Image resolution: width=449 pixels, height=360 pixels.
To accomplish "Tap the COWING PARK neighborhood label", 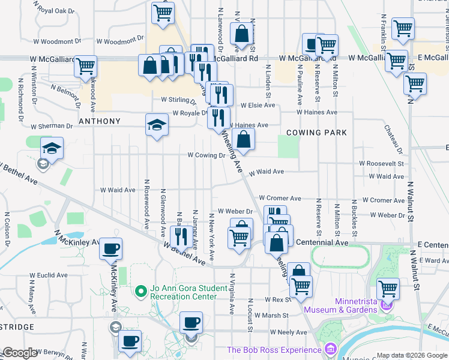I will [x=316, y=132].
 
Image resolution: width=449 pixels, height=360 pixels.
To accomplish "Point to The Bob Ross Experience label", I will [x=273, y=350].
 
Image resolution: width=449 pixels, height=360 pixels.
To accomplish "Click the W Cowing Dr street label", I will [x=206, y=155].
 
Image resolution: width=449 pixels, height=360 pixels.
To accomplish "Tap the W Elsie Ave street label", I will [x=258, y=105].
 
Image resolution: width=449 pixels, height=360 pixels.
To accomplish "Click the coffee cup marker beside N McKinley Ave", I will [x=110, y=248].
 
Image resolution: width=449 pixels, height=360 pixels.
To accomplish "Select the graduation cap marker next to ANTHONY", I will [x=157, y=125].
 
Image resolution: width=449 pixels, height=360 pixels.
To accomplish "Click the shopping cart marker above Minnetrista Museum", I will [x=388, y=289].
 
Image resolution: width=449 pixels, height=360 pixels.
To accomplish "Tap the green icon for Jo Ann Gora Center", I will [x=141, y=292].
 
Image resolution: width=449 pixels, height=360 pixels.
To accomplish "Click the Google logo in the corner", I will [x=20, y=353].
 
